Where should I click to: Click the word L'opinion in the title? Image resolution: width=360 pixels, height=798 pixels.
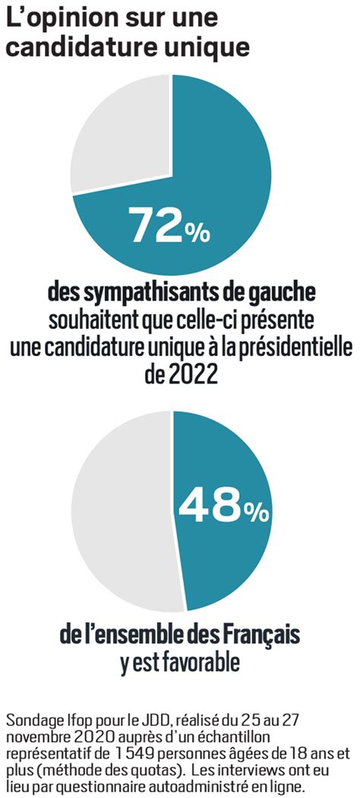[x=65, y=19]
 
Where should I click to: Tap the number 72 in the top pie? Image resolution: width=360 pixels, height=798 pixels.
[x=154, y=225]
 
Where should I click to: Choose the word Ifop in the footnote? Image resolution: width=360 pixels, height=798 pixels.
[x=63, y=721]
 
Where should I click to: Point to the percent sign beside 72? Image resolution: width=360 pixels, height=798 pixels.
[x=196, y=232]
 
